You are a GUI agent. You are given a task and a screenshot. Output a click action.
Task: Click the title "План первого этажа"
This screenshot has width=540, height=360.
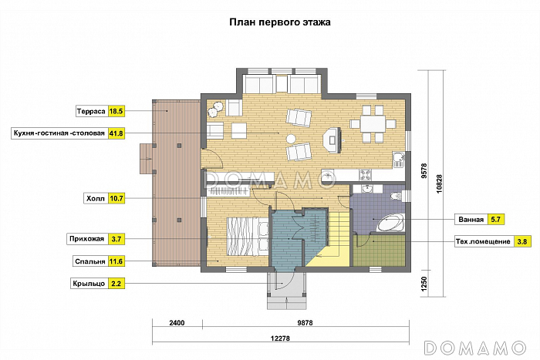(280, 22)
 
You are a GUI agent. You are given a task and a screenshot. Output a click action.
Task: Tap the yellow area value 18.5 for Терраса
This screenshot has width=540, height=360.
(116, 112)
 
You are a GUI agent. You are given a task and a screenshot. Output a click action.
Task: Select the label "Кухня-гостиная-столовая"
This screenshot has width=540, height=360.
(59, 133)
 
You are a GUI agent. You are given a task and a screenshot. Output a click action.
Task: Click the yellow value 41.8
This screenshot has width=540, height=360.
(116, 133)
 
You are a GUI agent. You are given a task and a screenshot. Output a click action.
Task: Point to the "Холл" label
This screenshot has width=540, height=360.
(96, 199)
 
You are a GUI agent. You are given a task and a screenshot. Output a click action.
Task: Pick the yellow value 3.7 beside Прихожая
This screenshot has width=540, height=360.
(116, 239)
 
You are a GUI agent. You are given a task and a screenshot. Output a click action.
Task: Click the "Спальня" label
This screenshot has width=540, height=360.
(90, 261)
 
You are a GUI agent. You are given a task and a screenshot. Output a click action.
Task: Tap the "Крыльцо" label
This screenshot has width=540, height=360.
(89, 284)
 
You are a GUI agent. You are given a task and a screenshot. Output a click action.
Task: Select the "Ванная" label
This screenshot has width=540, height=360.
(471, 220)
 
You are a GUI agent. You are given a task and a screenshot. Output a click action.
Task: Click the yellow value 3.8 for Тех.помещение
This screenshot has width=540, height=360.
(522, 241)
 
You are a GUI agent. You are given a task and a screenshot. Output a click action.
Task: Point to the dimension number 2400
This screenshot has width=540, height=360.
(177, 323)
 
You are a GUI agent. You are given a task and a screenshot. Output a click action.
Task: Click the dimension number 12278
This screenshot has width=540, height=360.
(280, 338)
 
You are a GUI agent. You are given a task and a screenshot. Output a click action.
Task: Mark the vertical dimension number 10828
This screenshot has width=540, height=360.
(439, 183)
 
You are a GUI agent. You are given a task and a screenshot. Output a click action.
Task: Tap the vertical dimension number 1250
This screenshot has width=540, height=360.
(424, 284)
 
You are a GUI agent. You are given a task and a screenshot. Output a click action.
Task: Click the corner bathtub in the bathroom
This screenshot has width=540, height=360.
(390, 223)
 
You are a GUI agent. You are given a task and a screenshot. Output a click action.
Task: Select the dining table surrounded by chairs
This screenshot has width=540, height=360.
(373, 124)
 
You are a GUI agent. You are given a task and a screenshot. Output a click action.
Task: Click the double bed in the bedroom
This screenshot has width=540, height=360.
(248, 237)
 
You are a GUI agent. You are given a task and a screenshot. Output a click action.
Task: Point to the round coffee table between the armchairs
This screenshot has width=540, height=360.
(292, 139)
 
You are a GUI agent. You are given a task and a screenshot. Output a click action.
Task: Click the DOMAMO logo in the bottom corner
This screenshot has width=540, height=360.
(475, 348)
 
